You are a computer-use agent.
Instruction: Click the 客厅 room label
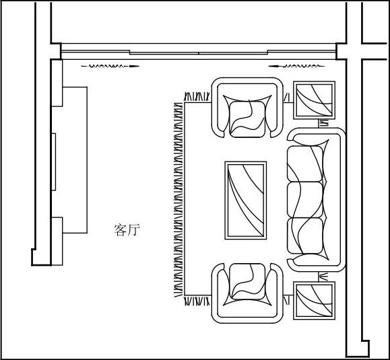point(127,229)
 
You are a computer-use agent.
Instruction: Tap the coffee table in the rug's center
point(246,201)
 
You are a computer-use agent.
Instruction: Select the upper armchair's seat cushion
point(247,119)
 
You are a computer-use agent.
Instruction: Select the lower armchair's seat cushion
point(247,281)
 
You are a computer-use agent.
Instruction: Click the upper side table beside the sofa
point(314,100)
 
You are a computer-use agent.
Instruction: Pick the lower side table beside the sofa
point(314,301)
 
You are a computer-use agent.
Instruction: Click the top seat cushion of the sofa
point(305,164)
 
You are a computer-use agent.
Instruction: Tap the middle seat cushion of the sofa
point(305,200)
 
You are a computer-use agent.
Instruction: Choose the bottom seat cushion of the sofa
point(305,236)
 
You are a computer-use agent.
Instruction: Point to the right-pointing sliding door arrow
point(110,67)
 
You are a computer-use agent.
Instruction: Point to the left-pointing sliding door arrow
point(297,67)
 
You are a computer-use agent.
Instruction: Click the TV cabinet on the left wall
point(75,160)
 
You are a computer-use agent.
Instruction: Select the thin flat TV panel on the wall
point(53,162)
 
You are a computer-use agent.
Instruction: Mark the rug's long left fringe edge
point(178,200)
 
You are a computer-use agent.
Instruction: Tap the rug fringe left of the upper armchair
point(197,97)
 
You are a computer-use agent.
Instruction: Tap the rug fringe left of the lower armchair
point(197,301)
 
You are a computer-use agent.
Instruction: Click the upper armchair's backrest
point(247,81)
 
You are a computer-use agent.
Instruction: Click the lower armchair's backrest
point(247,320)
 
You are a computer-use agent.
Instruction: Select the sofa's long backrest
point(342,200)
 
